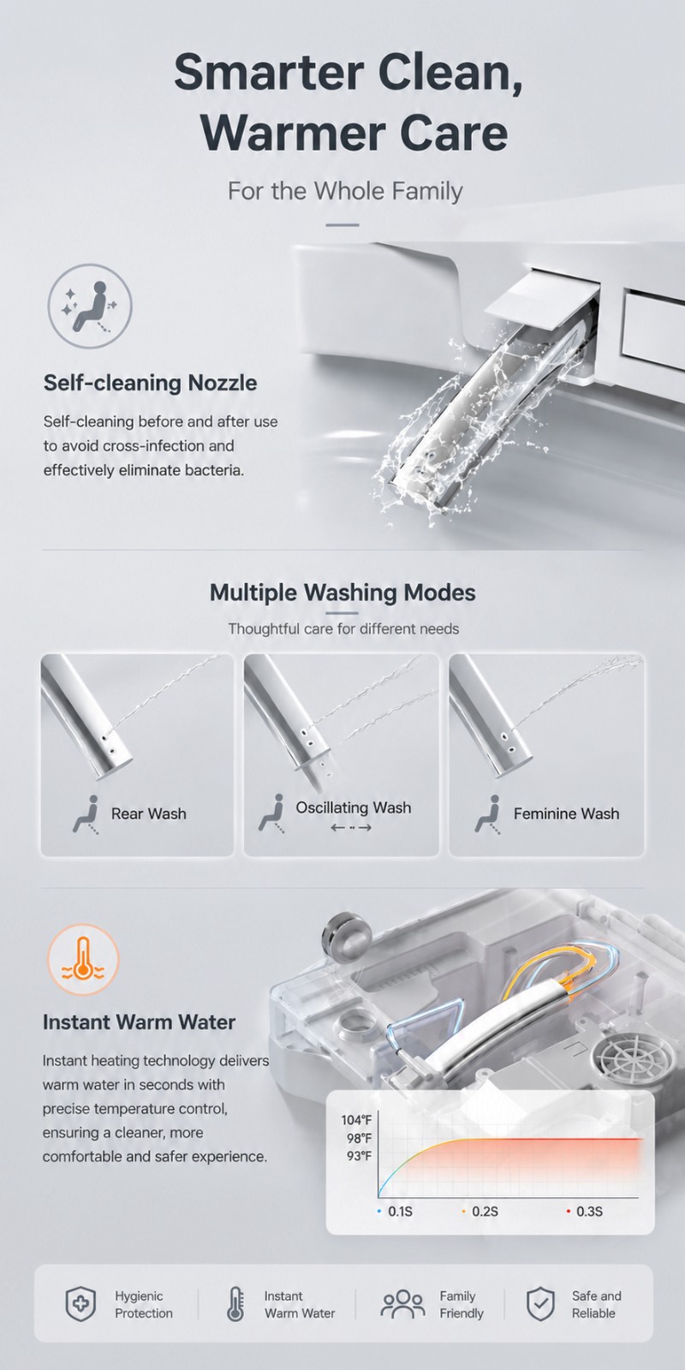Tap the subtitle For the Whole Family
(x=345, y=191)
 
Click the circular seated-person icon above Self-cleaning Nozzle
(x=90, y=306)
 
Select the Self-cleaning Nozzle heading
(x=150, y=383)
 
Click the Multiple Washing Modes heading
(x=342, y=592)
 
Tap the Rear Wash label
(x=149, y=813)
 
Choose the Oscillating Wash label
(x=354, y=807)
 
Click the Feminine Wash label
(x=566, y=813)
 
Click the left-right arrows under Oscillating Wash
(x=351, y=827)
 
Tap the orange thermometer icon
(x=83, y=960)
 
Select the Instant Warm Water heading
(x=139, y=1022)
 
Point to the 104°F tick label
(x=356, y=1120)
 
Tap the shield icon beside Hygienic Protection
(x=80, y=1304)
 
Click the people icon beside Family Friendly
(x=403, y=1304)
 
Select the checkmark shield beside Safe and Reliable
(x=540, y=1304)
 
